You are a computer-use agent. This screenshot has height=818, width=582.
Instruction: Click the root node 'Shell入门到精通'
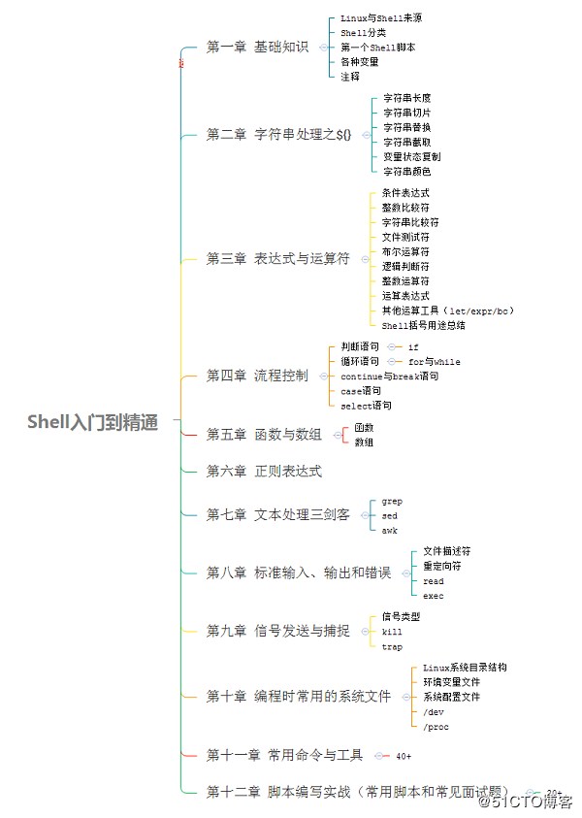coord(92,422)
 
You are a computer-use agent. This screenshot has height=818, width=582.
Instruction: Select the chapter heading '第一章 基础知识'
coord(257,47)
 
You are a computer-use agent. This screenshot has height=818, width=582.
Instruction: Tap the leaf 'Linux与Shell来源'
coord(380,18)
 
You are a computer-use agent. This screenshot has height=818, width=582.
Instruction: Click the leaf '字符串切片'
coord(406,113)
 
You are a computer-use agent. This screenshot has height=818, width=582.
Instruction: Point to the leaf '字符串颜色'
coord(406,171)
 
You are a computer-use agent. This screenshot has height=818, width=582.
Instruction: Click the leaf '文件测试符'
coord(405,237)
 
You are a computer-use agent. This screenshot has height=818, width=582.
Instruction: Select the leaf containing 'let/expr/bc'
coord(447,311)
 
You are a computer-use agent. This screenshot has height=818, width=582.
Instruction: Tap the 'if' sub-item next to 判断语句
coord(413,346)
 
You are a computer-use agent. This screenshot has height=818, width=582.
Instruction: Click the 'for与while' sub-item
coord(434,361)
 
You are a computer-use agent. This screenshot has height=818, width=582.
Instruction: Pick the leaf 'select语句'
coord(367,406)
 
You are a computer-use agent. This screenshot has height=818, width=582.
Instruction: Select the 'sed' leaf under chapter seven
coord(389,516)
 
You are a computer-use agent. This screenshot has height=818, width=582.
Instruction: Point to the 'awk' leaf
coord(389,531)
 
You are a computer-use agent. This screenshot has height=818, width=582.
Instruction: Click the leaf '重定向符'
coord(441,566)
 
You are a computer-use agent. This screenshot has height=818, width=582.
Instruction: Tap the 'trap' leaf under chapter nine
coord(392,646)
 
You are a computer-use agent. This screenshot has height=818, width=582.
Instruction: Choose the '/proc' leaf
coord(436,727)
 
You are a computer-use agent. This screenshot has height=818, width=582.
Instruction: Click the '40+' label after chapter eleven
coord(404,755)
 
